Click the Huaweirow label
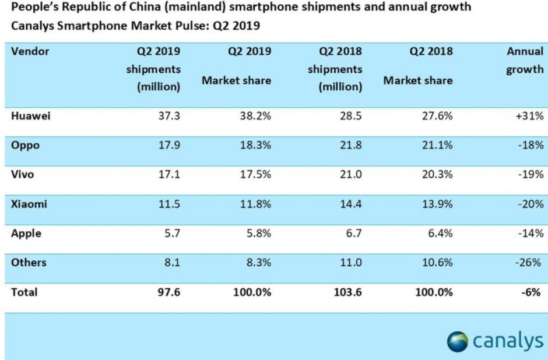(30, 116)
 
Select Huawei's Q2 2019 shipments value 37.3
(170, 116)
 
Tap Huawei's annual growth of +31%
(529, 116)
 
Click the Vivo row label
(23, 175)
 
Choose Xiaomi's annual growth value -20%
(531, 204)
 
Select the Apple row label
(26, 233)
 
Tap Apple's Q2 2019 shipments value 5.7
(173, 233)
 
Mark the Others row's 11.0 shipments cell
(350, 263)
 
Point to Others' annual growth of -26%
(531, 263)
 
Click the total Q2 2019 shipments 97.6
(170, 292)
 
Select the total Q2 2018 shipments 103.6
(347, 292)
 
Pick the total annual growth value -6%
(533, 292)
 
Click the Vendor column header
(30, 51)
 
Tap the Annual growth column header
(525, 60)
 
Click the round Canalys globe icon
(458, 341)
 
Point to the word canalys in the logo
(507, 341)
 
